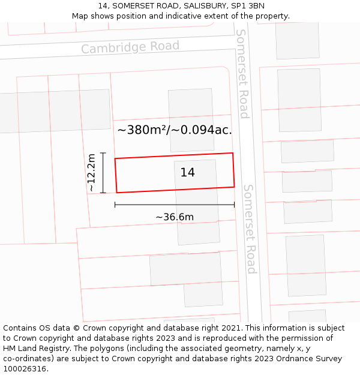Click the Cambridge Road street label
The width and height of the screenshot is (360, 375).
[130, 47]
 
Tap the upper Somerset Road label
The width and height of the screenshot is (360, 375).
[242, 73]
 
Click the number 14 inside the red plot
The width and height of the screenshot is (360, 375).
[187, 172]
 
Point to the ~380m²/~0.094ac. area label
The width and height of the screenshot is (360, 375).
[175, 130]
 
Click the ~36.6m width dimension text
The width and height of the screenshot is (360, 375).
[175, 217]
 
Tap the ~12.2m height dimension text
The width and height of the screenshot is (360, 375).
[91, 173]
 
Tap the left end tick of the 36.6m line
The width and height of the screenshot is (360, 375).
[115, 205]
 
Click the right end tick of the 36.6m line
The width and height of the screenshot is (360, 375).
[234, 205]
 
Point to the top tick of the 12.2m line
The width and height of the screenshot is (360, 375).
[103, 153]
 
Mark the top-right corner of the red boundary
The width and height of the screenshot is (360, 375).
[232, 153]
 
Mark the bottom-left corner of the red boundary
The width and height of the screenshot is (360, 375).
[116, 193]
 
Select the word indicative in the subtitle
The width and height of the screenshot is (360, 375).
[181, 16]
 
